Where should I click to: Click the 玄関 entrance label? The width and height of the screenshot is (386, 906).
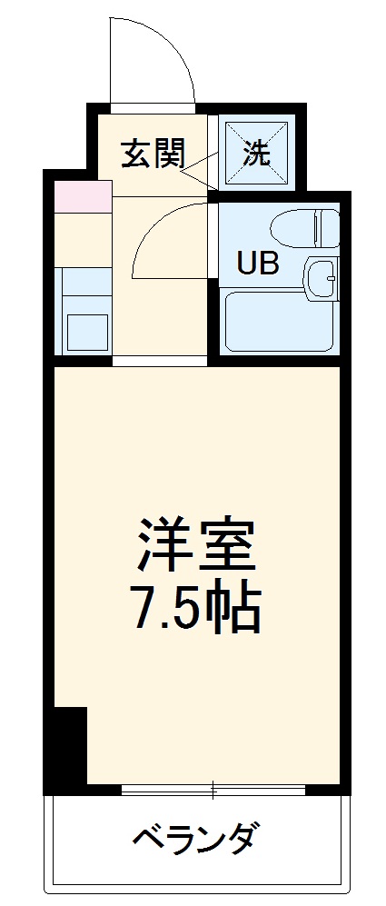point(152,154)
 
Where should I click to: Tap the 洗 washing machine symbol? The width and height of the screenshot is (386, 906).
point(255,153)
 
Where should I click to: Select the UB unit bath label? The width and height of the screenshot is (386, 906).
point(257,263)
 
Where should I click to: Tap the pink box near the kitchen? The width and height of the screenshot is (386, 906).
point(83,197)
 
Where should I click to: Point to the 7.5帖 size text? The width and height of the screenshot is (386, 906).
point(198,610)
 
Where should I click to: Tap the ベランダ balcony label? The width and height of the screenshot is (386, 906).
point(196,836)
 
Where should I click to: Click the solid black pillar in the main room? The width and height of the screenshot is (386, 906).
point(66,745)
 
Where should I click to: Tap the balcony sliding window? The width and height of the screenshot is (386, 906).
point(214,790)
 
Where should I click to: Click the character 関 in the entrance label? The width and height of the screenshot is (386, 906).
point(168,154)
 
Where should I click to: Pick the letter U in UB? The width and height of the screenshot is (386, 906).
point(246,263)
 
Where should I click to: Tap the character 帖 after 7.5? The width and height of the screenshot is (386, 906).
point(238,610)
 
